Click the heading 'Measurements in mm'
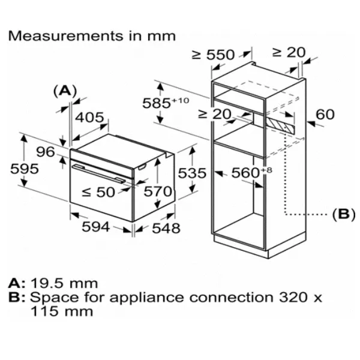pos(92,35)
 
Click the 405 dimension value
pos(90,118)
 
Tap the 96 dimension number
pos(45,152)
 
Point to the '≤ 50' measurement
pos(98,192)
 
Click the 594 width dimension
pos(95,227)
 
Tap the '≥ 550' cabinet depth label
pos(213,55)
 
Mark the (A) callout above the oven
pos(65,91)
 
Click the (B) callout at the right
pos(344,214)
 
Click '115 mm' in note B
pos(61,311)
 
